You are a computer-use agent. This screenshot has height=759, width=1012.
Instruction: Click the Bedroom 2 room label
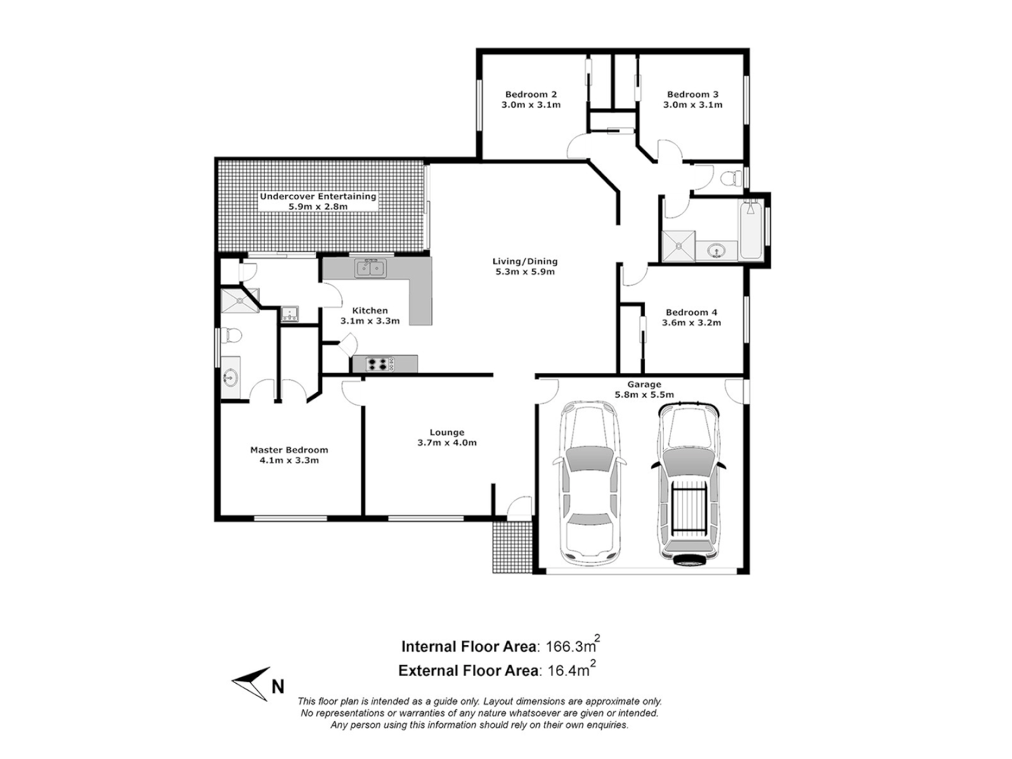[x=531, y=94]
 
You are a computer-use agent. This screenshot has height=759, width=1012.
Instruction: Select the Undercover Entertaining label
[x=318, y=197]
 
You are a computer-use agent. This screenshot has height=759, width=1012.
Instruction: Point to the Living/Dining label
[x=524, y=261]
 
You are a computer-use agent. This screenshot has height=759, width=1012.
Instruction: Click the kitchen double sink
[x=370, y=268]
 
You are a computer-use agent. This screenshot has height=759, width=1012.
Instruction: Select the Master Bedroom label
[x=289, y=450]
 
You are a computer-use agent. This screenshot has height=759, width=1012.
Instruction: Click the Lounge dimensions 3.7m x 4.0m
[x=446, y=443]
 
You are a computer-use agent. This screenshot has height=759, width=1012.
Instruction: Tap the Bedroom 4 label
[x=692, y=312]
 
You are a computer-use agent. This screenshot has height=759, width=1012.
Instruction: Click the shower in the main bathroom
[x=679, y=245]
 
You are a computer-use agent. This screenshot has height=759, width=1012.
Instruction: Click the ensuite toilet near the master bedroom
[x=230, y=337]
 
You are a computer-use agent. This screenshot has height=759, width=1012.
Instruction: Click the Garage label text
[x=644, y=384]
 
